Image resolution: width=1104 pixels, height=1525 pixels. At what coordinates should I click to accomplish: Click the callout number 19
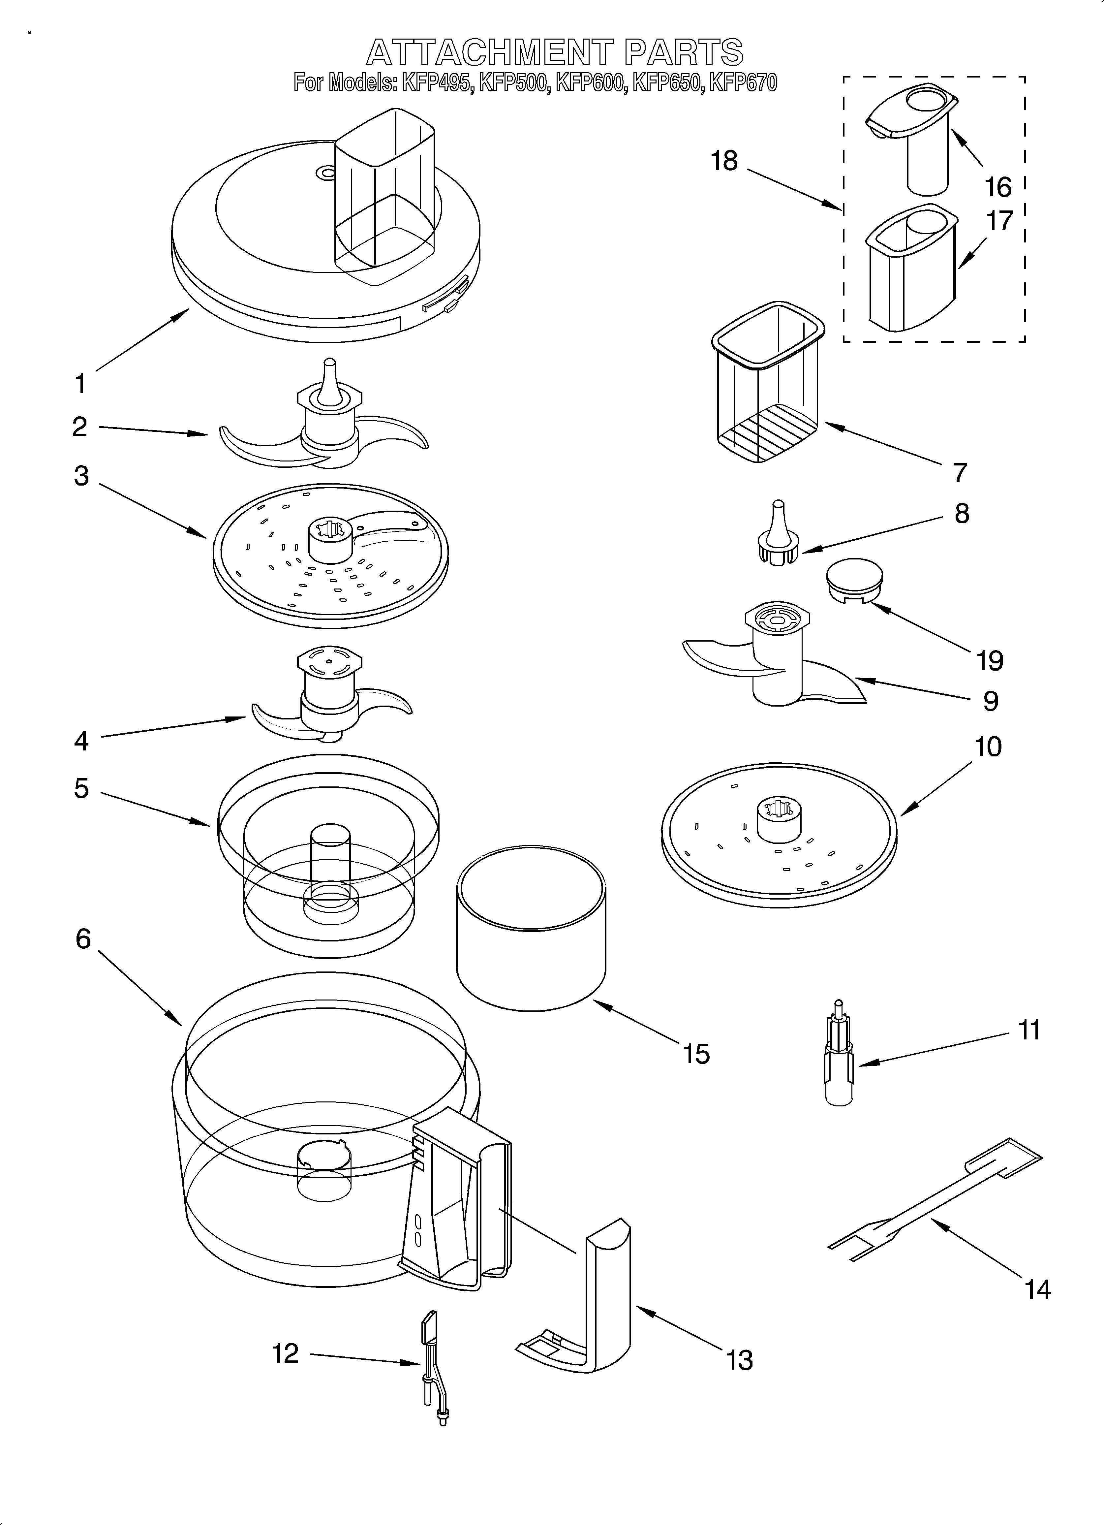[990, 661]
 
